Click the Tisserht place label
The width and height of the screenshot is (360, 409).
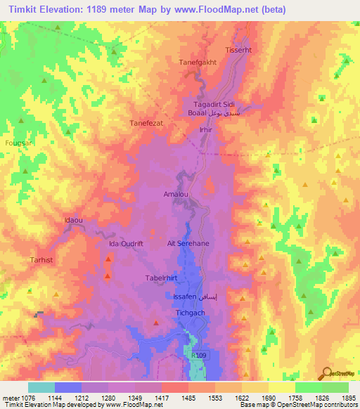click(237, 51)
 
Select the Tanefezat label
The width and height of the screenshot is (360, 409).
click(146, 123)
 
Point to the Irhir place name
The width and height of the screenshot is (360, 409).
click(205, 130)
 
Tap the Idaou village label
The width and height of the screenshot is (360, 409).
click(74, 220)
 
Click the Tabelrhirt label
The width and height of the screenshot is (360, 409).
click(160, 278)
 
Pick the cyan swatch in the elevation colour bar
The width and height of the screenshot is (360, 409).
click(41, 387)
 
